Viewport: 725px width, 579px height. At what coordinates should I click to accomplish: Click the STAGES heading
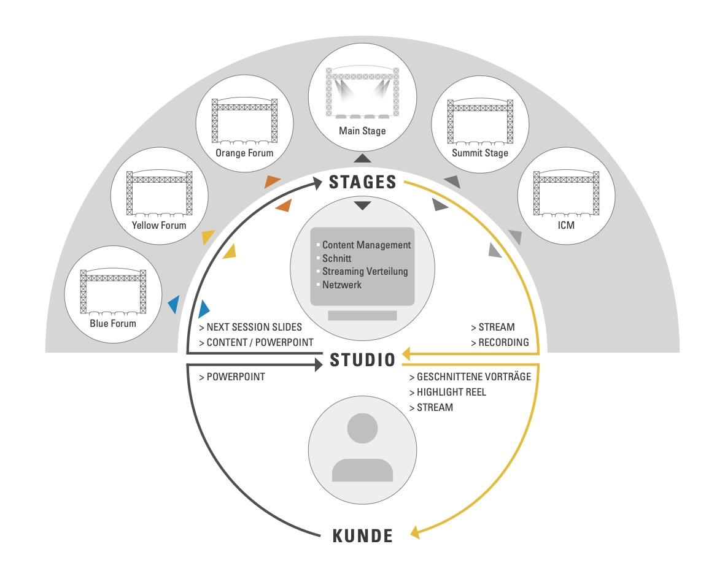pyautogui.click(x=363, y=182)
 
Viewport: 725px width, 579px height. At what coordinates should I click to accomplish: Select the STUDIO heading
pyautogui.click(x=363, y=360)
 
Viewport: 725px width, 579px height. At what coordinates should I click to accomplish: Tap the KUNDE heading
pyautogui.click(x=363, y=535)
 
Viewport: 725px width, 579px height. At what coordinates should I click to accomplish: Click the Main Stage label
pyautogui.click(x=362, y=131)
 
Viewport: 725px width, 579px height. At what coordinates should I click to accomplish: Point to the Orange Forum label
pyautogui.click(x=244, y=153)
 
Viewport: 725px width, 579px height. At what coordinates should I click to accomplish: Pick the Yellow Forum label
pyautogui.click(x=159, y=225)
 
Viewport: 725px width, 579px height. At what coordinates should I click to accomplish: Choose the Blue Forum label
pyautogui.click(x=113, y=323)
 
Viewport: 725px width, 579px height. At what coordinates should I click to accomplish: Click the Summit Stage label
pyautogui.click(x=480, y=153)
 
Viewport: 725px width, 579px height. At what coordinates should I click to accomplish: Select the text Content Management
pyautogui.click(x=366, y=245)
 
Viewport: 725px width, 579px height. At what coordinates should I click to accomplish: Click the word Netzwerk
pyautogui.click(x=342, y=285)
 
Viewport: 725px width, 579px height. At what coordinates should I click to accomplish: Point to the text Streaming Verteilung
pyautogui.click(x=365, y=271)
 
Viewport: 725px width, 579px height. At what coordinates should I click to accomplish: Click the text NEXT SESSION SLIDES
pyautogui.click(x=254, y=328)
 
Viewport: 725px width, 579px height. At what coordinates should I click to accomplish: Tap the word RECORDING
pyautogui.click(x=503, y=342)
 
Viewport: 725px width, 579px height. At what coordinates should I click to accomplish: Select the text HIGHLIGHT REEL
pyautogui.click(x=451, y=392)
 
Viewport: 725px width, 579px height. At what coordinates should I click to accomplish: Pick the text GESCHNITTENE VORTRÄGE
pyautogui.click(x=473, y=377)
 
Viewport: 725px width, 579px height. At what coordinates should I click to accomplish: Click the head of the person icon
pyautogui.click(x=362, y=428)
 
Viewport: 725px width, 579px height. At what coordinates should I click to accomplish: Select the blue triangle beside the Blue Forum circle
pyautogui.click(x=174, y=304)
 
